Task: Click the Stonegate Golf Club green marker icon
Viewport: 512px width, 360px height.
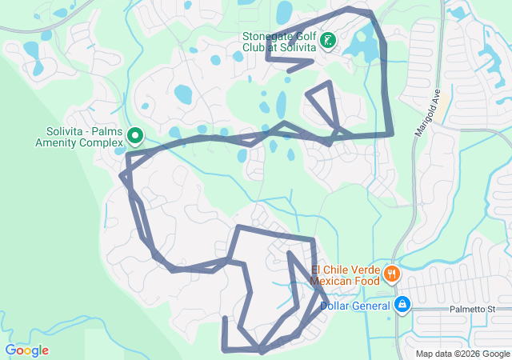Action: tap(328, 39)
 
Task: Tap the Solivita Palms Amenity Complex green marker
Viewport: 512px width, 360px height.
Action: tap(135, 137)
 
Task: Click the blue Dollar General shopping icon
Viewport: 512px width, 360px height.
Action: tap(402, 304)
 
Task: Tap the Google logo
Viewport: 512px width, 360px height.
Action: tap(26, 350)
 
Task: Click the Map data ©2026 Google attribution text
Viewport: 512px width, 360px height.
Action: tap(462, 354)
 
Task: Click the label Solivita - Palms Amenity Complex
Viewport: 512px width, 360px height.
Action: tap(86, 137)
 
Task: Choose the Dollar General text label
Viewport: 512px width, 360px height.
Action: tap(356, 305)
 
